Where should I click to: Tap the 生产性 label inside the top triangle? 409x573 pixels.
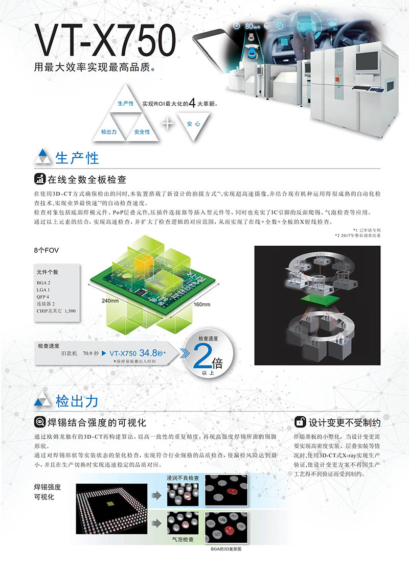coord(125,104)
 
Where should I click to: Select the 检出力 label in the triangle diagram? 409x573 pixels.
coord(109,132)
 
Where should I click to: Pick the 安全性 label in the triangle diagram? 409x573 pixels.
coord(142,132)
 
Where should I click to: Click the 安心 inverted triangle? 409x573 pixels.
coord(194,124)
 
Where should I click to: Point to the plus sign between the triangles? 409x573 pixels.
coord(168,124)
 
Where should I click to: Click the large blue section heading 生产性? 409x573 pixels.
coord(77,158)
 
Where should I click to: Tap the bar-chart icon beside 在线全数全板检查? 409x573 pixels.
coord(39,179)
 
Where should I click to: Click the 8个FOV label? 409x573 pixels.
coord(47,250)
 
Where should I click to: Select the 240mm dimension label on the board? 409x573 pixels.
coord(110,301)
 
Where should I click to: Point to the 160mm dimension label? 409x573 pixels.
coord(202,304)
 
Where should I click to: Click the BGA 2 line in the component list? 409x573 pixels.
coord(43,283)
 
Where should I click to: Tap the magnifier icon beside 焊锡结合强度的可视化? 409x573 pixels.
coord(39,422)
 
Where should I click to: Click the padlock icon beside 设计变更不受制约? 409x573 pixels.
coord(300,422)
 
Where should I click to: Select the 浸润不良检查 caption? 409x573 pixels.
coord(183,478)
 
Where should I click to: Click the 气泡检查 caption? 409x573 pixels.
coord(183,539)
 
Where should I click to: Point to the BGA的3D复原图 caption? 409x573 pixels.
coord(226,549)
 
